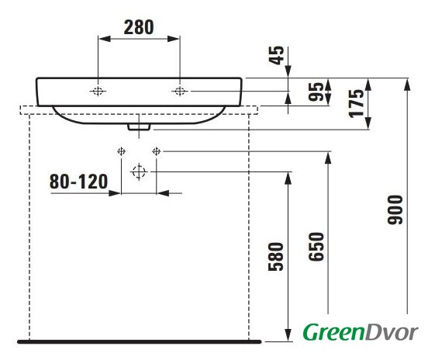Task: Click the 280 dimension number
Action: click(139, 27)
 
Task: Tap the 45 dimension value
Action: click(277, 55)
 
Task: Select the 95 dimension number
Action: click(316, 92)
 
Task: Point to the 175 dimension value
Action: click(357, 103)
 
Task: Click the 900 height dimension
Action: click(395, 209)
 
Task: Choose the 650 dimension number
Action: click(316, 247)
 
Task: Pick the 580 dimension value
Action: click(276, 257)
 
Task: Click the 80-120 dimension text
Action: click(78, 182)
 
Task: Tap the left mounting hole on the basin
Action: click(98, 91)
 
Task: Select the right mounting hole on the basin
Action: click(180, 91)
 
